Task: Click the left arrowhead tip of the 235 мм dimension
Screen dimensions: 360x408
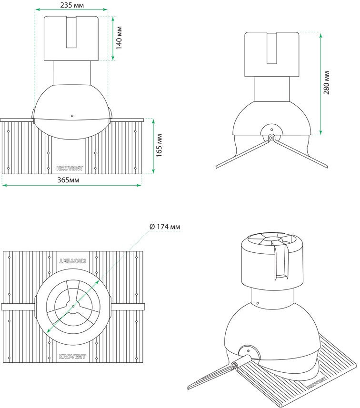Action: click(x=35, y=10)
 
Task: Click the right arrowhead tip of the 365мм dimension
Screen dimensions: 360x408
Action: click(x=141, y=185)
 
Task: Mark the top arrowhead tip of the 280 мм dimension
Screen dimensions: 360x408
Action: click(x=320, y=33)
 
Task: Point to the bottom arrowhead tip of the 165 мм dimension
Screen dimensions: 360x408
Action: click(x=153, y=173)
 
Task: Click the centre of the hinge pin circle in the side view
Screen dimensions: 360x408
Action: click(x=271, y=138)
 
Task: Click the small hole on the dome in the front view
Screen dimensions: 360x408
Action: click(x=72, y=116)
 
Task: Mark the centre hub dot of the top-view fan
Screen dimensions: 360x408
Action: click(x=73, y=306)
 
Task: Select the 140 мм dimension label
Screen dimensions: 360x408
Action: click(x=119, y=38)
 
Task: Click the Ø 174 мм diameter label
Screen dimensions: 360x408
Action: click(x=165, y=227)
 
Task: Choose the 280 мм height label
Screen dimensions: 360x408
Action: click(x=326, y=83)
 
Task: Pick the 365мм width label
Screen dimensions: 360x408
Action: click(x=69, y=180)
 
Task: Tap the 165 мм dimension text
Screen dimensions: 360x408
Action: click(x=159, y=146)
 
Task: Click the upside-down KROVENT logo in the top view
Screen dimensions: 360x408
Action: click(x=72, y=261)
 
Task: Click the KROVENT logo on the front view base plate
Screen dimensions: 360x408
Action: click(x=70, y=168)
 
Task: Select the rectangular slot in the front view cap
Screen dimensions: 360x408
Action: click(x=71, y=32)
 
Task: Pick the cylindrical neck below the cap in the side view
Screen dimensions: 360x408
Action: click(x=272, y=89)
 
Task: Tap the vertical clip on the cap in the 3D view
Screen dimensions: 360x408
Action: click(x=280, y=260)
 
